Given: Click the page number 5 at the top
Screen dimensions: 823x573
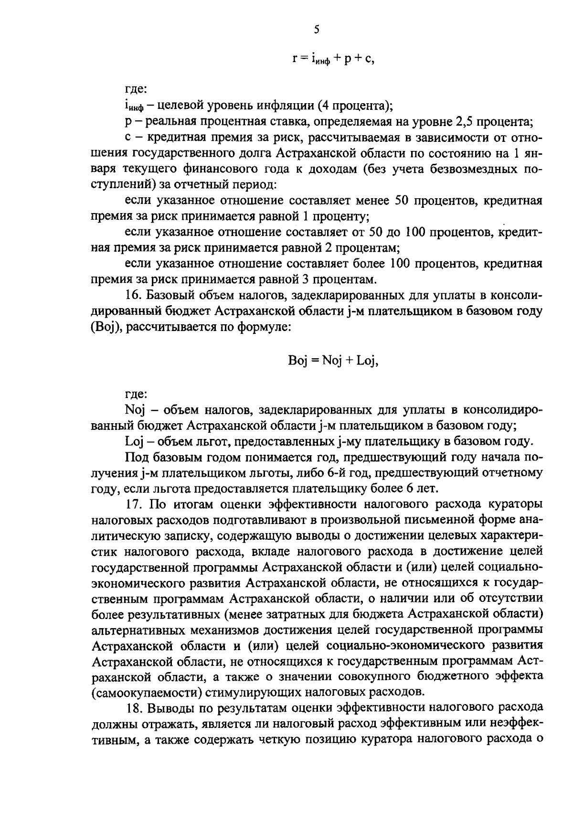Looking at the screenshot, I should click(x=317, y=30).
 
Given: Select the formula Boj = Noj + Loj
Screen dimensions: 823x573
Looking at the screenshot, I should click(x=333, y=361).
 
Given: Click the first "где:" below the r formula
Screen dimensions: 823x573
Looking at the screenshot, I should click(x=136, y=89).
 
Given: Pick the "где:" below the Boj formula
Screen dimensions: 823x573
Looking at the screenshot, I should click(x=136, y=395).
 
